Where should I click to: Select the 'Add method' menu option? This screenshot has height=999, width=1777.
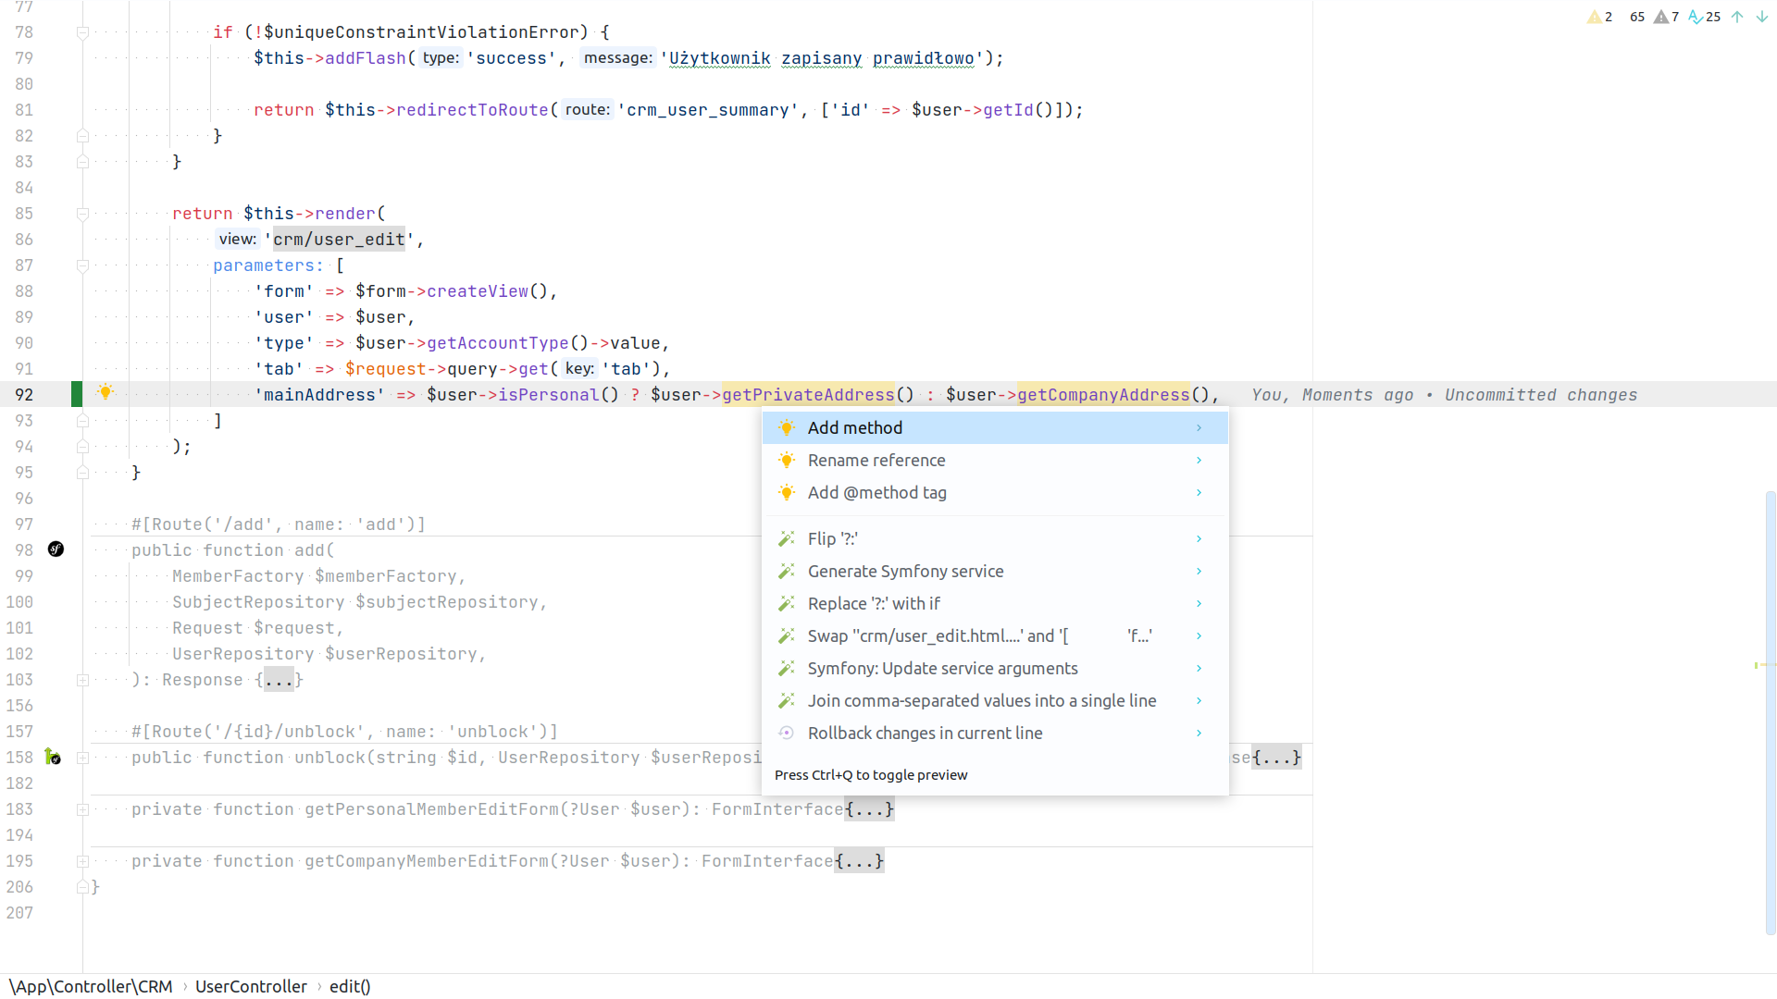pyautogui.click(x=854, y=427)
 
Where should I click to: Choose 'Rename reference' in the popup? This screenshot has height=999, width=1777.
pyautogui.click(x=876, y=460)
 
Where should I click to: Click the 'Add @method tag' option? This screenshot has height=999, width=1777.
pyautogui.click(x=876, y=492)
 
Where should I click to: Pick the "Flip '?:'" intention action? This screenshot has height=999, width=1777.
pyautogui.click(x=832, y=538)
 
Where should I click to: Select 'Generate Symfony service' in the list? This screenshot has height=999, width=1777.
pyautogui.click(x=905, y=571)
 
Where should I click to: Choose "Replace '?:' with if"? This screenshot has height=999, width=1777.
pyautogui.click(x=873, y=603)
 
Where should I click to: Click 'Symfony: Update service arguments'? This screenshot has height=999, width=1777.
pyautogui.click(x=942, y=668)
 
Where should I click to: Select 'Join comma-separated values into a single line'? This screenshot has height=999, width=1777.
pyautogui.click(x=981, y=700)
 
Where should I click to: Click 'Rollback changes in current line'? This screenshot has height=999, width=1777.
pyautogui.click(x=925, y=733)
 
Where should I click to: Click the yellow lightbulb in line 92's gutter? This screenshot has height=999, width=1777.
pyautogui.click(x=106, y=392)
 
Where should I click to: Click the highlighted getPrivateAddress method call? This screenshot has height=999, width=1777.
pyautogui.click(x=808, y=395)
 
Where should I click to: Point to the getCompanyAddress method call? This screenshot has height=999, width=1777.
pyautogui.click(x=1103, y=395)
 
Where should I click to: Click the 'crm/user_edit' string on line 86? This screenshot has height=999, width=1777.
pyautogui.click(x=339, y=240)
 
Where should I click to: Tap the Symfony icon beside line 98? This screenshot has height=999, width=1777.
pyautogui.click(x=56, y=549)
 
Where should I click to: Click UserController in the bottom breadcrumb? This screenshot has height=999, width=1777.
pyautogui.click(x=251, y=986)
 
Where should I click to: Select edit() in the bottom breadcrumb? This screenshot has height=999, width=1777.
pyautogui.click(x=350, y=986)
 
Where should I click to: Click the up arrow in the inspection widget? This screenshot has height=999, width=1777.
pyautogui.click(x=1737, y=17)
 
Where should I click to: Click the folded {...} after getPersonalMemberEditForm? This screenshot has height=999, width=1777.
pyautogui.click(x=869, y=809)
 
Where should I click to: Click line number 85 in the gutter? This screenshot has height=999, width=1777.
pyautogui.click(x=24, y=214)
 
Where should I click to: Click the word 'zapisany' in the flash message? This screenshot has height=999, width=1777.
pyautogui.click(x=821, y=58)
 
